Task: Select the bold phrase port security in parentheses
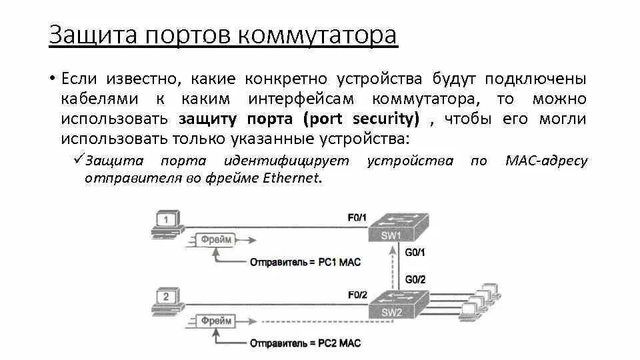pos(361,119)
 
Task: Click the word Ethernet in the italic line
pos(292,179)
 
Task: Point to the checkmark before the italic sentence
pos(78,159)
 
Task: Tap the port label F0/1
pos(357,217)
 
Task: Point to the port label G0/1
pos(415,253)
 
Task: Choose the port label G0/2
pos(415,279)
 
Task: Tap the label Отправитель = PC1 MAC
pos(305,262)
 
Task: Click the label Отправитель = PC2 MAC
pos(305,344)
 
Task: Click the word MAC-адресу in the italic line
pos(547,161)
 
